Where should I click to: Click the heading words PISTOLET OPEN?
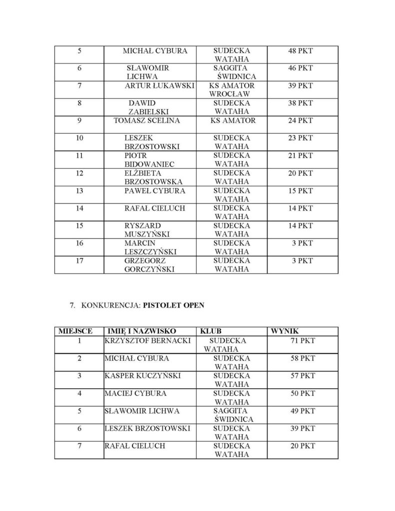173,306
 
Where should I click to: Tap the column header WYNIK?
285,331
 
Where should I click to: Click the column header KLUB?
211,331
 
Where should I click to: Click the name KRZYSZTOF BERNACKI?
141,340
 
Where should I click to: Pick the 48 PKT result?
301,51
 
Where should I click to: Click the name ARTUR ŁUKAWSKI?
159,86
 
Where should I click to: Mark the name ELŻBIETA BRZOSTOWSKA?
153,178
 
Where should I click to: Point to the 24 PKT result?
301,121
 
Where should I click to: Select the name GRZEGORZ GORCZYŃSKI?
148,265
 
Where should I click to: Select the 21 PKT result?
301,156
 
